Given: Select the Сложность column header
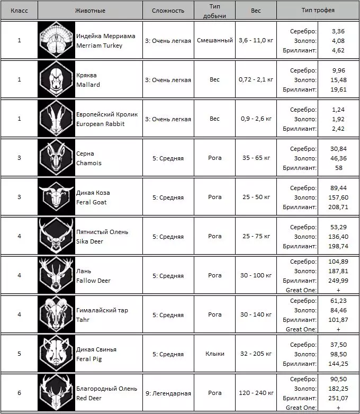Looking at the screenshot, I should point(168,11).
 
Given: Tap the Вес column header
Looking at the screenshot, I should point(256,11).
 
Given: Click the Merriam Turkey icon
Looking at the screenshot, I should point(56,40).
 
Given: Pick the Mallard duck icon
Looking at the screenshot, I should point(56,79).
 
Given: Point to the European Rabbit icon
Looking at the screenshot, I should point(56,119).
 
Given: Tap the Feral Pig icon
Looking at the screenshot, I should point(56,354).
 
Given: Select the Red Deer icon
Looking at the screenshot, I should point(56,393).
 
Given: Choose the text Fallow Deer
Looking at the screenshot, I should point(94,281).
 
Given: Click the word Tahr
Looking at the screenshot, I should point(83,320).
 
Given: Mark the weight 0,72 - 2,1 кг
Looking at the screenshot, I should point(256,79).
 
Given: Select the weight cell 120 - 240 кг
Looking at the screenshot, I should point(256,393).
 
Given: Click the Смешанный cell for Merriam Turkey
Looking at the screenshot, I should point(214,40).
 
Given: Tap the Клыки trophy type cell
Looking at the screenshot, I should point(214,354).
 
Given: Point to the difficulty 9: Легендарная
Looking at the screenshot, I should point(168,393).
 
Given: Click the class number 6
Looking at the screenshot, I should point(19,393).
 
